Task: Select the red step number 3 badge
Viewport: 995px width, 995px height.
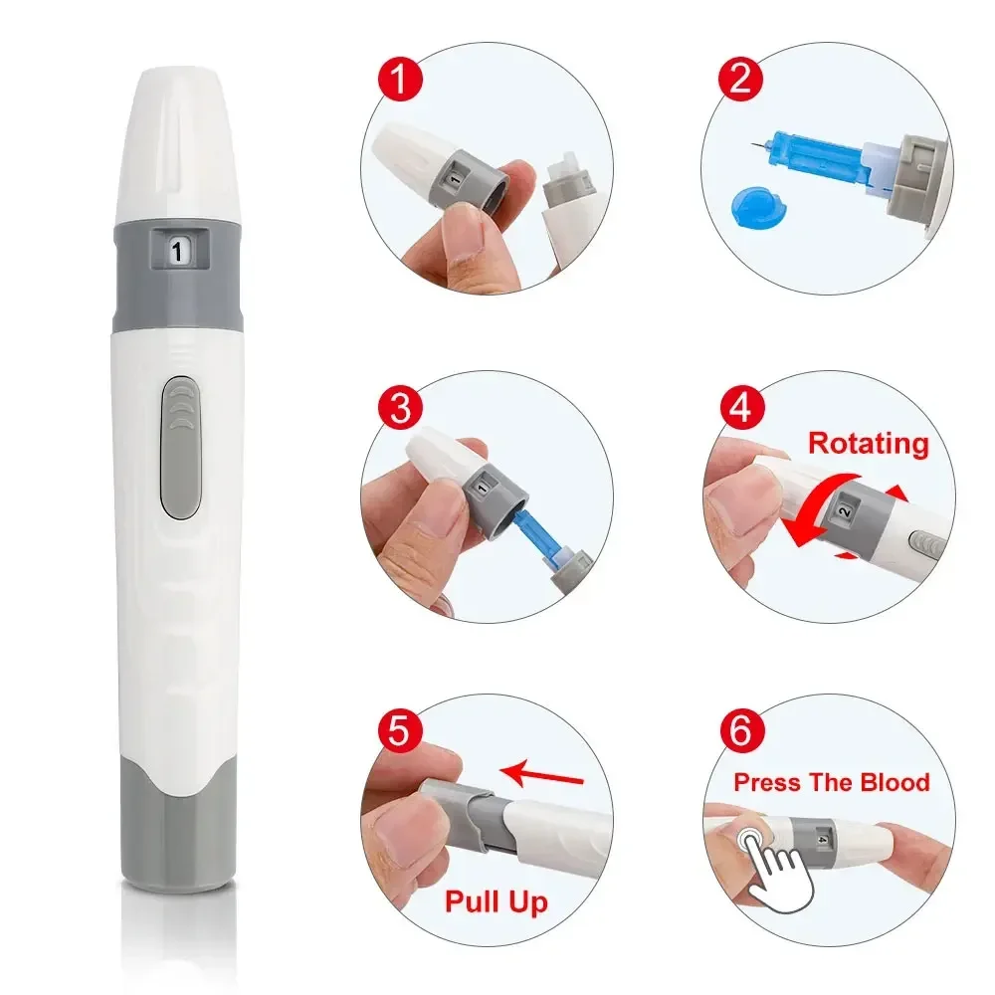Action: click(x=400, y=407)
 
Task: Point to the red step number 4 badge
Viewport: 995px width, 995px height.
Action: click(x=741, y=407)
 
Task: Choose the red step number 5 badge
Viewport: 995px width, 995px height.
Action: click(x=400, y=730)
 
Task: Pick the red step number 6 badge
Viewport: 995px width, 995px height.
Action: click(x=741, y=730)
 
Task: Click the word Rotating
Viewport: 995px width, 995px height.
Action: click(x=868, y=444)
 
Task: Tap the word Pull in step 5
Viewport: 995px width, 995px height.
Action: click(x=471, y=901)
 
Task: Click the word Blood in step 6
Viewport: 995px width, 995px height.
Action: click(x=895, y=782)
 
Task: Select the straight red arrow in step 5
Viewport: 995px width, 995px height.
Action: click(x=541, y=773)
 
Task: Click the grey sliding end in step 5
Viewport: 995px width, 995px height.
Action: click(x=465, y=818)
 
